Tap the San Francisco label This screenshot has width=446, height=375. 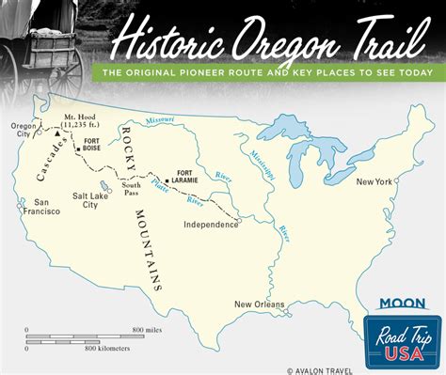click(x=46, y=207)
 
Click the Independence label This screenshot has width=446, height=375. click(x=211, y=225)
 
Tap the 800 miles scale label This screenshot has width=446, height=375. click(x=146, y=330)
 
